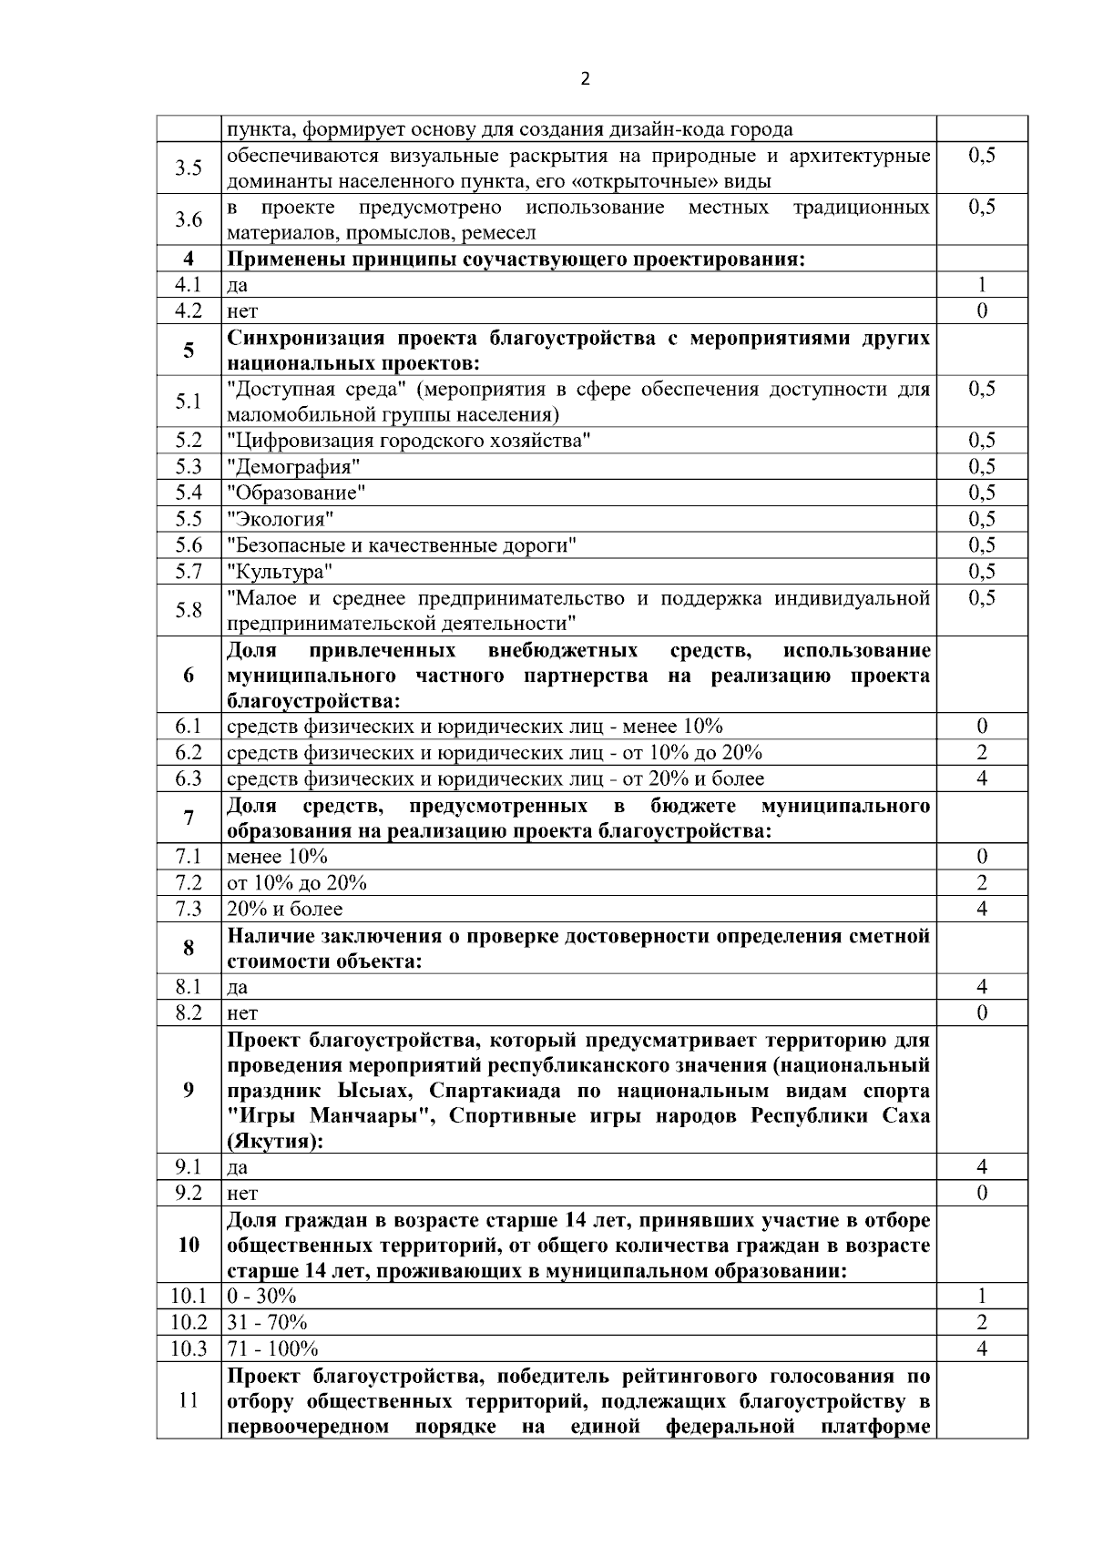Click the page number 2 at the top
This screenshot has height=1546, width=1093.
click(585, 78)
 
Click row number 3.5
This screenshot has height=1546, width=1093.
click(189, 168)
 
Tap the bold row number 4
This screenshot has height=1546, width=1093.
click(189, 259)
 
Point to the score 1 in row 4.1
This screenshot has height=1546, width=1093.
click(981, 285)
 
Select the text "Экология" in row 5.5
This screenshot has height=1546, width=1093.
click(281, 520)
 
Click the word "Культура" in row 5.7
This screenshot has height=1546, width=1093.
click(280, 572)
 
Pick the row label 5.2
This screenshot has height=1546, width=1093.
click(189, 441)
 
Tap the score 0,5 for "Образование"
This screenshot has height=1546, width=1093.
click(981, 493)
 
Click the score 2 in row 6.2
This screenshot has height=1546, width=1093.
click(981, 752)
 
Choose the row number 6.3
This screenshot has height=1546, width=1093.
click(189, 778)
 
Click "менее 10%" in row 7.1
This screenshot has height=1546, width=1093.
click(277, 857)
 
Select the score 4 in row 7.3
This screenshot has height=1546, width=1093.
click(981, 909)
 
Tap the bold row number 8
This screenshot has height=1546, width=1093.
click(189, 948)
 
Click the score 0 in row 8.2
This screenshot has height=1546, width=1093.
click(981, 1012)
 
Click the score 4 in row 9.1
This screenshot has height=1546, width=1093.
click(981, 1166)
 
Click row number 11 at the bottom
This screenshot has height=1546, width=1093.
click(189, 1400)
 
